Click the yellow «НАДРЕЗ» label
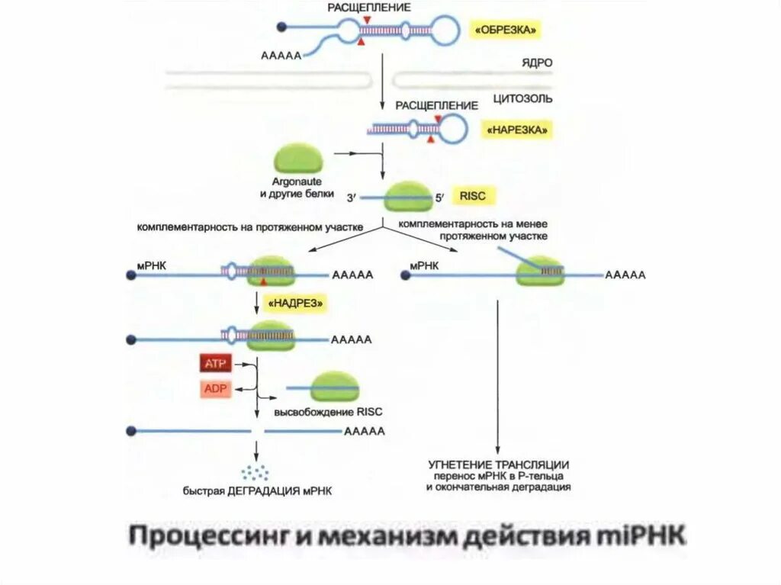[297, 304]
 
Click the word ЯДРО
[536, 63]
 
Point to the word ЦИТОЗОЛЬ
[522, 99]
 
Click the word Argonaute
[297, 182]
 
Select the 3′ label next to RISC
[351, 198]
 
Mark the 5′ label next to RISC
[439, 198]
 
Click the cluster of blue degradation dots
[255, 472]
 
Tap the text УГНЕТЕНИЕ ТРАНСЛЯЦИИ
[499, 464]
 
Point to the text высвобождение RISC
[328, 412]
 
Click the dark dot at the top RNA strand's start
[281, 27]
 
